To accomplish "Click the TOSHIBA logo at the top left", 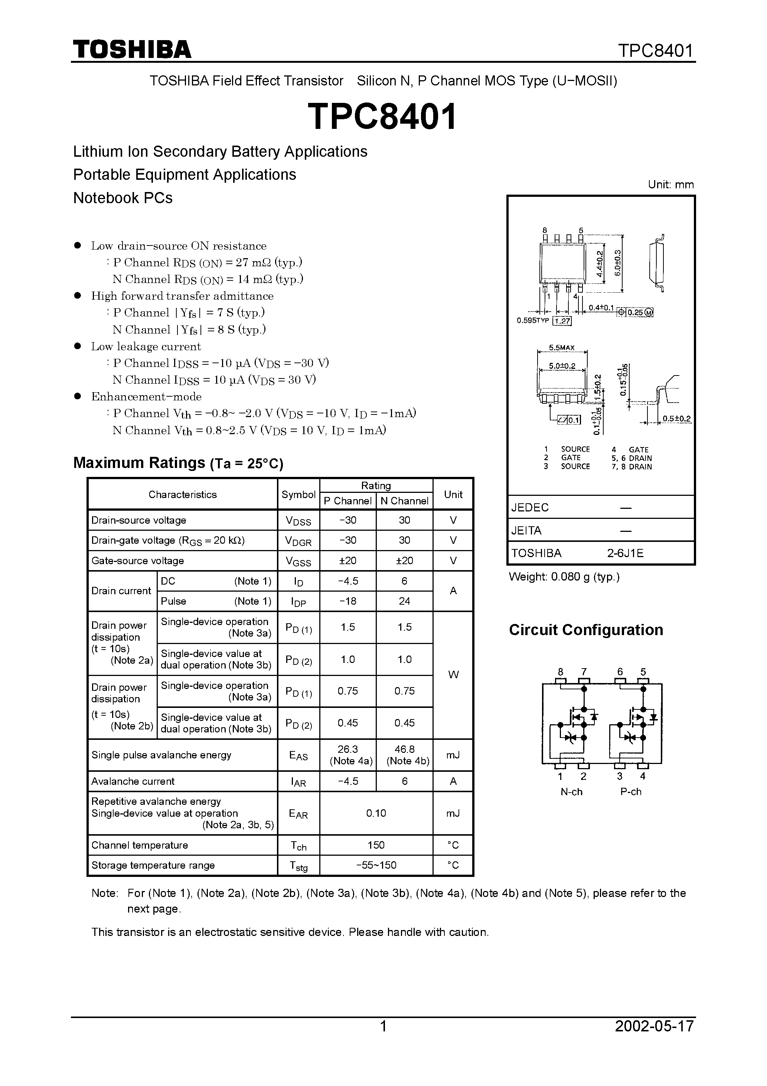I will point(131,50).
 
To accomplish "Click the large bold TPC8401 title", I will point(382,117).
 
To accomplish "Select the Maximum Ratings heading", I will point(178,463).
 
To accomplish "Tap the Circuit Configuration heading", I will point(586,630).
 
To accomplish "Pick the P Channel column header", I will point(347,501).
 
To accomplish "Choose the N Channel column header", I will point(404,501).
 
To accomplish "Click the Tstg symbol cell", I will point(298,866).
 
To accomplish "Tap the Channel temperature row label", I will point(140,845).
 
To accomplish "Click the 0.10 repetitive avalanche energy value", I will point(376,813).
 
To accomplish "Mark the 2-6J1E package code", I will point(625,553).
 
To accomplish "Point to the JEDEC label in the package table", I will point(530,507).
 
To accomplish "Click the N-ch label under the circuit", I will point(571,792).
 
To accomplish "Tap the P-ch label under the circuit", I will point(631,792).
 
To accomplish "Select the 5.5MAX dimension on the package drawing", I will point(562,348).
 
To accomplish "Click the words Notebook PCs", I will point(123,198).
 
